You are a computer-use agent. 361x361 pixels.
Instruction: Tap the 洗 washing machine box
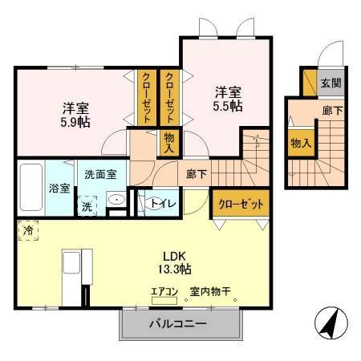point(87,205)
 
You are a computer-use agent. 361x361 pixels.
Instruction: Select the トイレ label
point(157,204)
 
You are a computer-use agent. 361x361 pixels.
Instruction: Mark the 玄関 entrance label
point(331,82)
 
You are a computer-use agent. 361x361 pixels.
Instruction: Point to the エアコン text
point(164,292)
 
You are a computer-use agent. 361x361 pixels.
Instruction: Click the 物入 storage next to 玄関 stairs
point(301,144)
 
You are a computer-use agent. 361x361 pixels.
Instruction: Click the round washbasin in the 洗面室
point(115,201)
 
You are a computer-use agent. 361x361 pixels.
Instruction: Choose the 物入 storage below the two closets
point(168,142)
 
